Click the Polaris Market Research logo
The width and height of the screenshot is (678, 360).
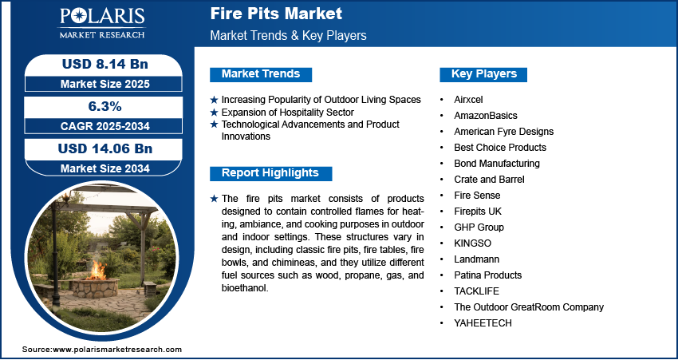[102, 23]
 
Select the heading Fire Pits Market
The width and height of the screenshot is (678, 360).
[276, 14]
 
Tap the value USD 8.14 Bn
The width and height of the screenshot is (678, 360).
[105, 65]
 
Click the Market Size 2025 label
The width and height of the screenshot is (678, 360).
[105, 84]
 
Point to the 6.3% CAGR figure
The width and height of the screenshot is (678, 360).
[104, 106]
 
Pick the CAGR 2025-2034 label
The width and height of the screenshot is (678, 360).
[105, 126]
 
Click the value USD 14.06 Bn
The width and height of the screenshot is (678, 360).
[105, 148]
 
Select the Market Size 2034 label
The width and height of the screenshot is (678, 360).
[105, 168]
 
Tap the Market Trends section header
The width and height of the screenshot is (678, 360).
[261, 74]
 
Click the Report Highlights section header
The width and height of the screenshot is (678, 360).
[270, 173]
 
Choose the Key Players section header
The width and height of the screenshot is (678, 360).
[484, 74]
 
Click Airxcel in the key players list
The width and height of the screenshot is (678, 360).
[468, 100]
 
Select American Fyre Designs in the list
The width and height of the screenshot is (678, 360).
[504, 132]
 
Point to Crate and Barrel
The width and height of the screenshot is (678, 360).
[489, 179]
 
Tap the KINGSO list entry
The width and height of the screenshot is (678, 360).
[473, 243]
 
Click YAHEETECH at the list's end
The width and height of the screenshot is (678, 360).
[483, 323]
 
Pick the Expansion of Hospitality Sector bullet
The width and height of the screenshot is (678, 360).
[287, 113]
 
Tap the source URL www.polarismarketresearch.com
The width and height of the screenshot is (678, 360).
[117, 350]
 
